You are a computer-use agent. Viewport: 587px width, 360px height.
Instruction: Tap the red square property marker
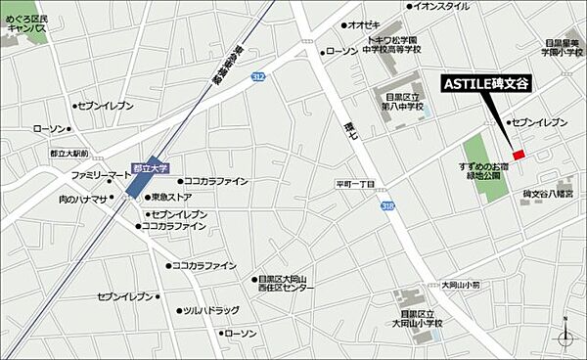tap(519, 155)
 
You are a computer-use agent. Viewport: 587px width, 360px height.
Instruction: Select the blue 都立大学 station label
tap(145, 168)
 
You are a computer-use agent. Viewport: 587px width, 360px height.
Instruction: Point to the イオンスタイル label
tap(440, 6)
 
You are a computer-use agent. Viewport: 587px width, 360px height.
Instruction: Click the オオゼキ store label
tap(364, 25)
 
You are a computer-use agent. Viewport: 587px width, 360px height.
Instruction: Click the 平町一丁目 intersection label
tap(356, 183)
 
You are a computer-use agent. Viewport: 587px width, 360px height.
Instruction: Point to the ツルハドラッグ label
tap(210, 310)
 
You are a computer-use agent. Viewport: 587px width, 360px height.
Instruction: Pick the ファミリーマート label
tap(100, 175)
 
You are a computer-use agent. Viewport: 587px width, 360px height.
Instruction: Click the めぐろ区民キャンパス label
tap(26, 22)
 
